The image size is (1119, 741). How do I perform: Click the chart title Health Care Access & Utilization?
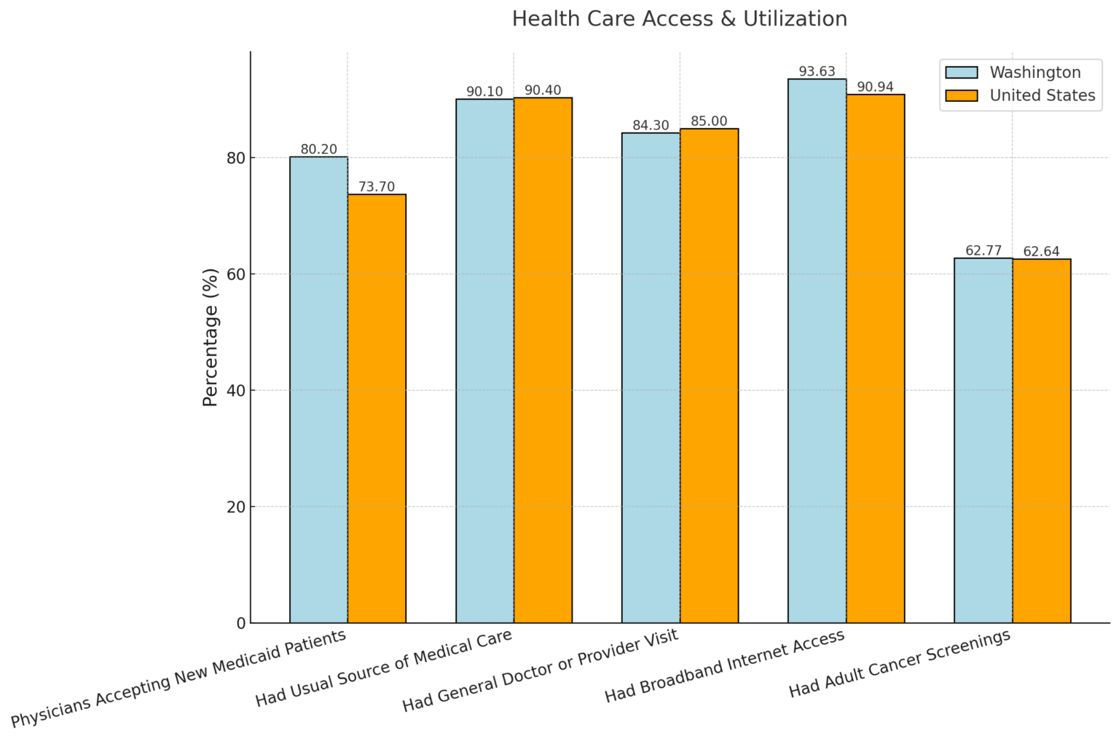[679, 19]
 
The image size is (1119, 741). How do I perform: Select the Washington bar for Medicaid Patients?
[318, 389]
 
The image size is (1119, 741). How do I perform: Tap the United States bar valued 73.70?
[377, 408]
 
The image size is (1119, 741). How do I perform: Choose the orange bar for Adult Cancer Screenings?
[1041, 440]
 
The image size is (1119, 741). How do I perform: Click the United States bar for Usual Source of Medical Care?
[543, 360]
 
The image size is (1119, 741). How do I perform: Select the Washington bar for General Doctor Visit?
[651, 378]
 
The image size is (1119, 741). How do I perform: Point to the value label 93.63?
[817, 71]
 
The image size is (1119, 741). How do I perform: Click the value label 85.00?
[709, 122]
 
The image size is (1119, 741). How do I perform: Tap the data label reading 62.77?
[983, 251]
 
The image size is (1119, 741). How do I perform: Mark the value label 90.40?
[543, 90]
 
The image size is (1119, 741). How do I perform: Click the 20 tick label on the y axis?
[235, 507]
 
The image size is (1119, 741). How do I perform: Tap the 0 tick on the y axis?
[240, 623]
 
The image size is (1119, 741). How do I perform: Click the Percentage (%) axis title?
[211, 337]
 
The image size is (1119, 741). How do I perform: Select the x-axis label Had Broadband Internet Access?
[724, 667]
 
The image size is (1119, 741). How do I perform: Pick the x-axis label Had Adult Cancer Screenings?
[900, 663]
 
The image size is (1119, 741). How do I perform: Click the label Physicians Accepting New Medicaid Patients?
[178, 679]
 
